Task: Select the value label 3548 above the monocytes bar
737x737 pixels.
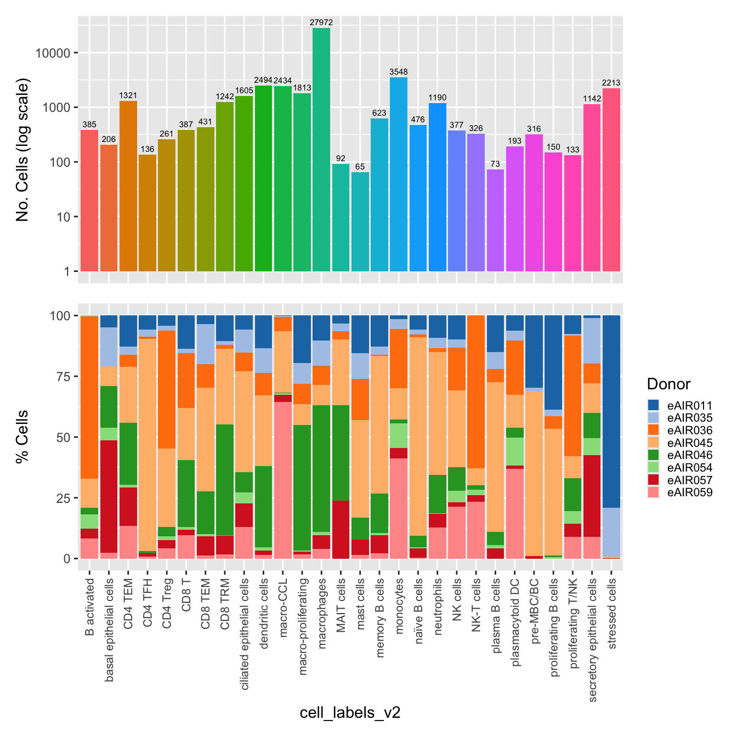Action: [x=399, y=72]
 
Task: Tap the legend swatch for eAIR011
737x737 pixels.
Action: [x=654, y=405]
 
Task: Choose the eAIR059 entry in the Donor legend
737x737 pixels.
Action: [x=689, y=492]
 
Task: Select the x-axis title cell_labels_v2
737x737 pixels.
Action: [x=350, y=712]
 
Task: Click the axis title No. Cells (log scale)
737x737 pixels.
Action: [x=22, y=150]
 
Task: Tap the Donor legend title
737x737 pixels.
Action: [x=668, y=384]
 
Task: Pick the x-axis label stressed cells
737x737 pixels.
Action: [x=612, y=613]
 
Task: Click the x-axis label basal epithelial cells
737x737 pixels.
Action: [x=109, y=630]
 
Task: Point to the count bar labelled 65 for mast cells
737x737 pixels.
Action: [x=360, y=222]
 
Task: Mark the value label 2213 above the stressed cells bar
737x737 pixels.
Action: [x=611, y=83]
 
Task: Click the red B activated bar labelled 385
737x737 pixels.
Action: [x=89, y=200]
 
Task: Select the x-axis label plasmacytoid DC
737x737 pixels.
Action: [x=515, y=621]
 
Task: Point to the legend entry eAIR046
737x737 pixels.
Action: [x=689, y=455]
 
